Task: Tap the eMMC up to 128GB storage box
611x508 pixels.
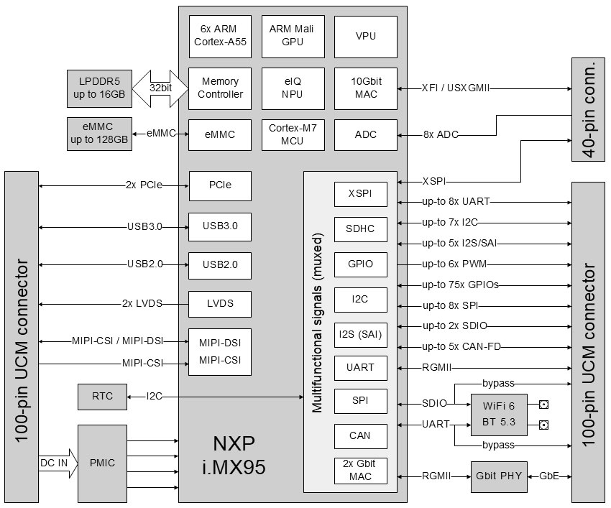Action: coord(99,134)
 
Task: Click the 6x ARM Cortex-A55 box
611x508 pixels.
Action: coord(220,36)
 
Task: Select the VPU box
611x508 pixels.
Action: coord(365,36)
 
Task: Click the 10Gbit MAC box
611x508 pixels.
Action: coord(365,88)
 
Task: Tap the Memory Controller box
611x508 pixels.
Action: coord(220,88)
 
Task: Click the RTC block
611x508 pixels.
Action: coord(101,396)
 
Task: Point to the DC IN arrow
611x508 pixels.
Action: coord(57,463)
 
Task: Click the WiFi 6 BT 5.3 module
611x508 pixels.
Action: coord(502,415)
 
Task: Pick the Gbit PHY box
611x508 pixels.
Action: coord(497,476)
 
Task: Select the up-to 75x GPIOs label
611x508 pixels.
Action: coord(460,285)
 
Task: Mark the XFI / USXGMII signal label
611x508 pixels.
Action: coord(460,88)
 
